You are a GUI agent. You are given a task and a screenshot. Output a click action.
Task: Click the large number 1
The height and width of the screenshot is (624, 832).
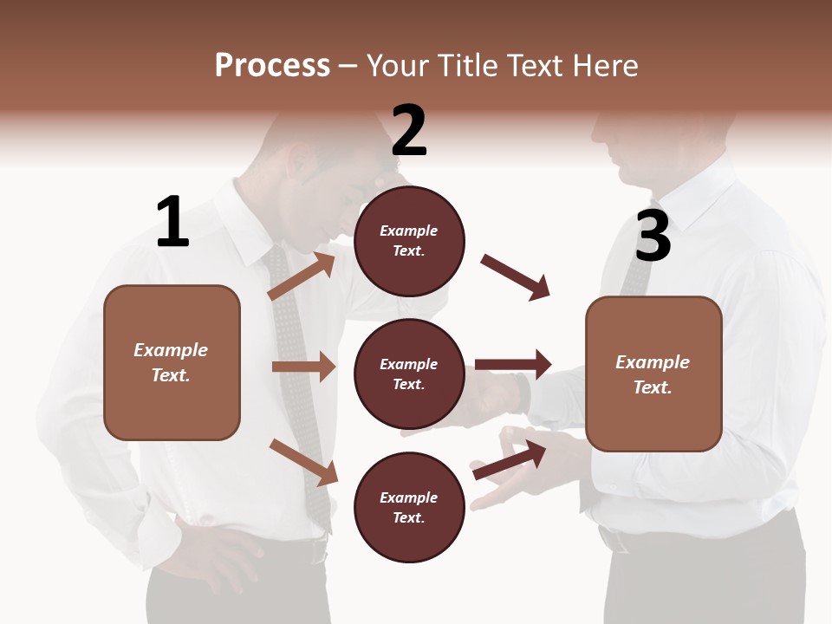click(172, 222)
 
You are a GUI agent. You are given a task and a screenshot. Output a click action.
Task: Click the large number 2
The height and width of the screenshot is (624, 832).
click(409, 131)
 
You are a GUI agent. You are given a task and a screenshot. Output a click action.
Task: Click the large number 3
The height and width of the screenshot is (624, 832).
click(653, 236)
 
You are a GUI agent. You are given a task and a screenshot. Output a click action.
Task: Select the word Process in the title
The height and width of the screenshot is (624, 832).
click(272, 65)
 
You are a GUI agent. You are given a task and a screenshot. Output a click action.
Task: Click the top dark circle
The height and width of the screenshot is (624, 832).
click(409, 241)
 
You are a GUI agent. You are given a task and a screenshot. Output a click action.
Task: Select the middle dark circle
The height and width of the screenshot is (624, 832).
click(409, 374)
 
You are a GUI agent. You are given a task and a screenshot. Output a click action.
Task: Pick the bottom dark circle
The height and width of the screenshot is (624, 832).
click(409, 507)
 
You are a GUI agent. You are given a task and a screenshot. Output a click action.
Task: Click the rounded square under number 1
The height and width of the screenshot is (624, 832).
click(172, 362)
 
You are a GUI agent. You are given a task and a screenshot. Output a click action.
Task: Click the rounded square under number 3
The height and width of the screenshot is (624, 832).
click(653, 374)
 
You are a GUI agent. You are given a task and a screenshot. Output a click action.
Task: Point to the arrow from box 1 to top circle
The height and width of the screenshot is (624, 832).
click(301, 276)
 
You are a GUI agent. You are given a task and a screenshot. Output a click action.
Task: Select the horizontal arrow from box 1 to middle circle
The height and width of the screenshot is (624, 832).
click(303, 367)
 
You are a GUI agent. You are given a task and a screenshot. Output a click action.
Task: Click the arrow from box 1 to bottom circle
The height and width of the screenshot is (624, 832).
click(303, 462)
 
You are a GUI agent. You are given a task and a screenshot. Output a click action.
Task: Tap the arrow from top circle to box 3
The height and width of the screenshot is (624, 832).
click(515, 277)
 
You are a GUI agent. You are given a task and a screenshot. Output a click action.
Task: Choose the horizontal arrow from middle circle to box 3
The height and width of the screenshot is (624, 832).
click(513, 364)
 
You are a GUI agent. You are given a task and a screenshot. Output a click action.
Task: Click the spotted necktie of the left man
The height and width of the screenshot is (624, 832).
click(299, 390)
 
